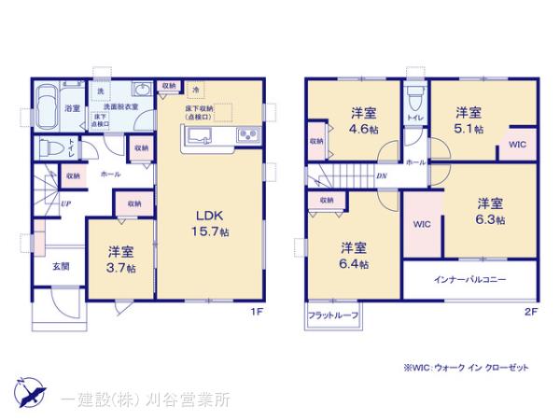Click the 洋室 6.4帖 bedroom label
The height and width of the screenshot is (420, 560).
click(x=354, y=256)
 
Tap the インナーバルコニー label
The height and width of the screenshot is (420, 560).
click(x=470, y=280)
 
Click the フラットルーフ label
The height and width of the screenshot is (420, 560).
click(x=331, y=316)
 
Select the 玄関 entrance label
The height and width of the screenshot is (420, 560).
click(x=60, y=266)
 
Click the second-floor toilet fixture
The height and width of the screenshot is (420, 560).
click(x=416, y=97)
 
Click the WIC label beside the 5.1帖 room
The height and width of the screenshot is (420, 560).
click(x=517, y=144)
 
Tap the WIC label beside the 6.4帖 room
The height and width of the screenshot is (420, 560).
click(x=422, y=225)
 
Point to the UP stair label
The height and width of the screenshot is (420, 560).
click(x=66, y=203)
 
